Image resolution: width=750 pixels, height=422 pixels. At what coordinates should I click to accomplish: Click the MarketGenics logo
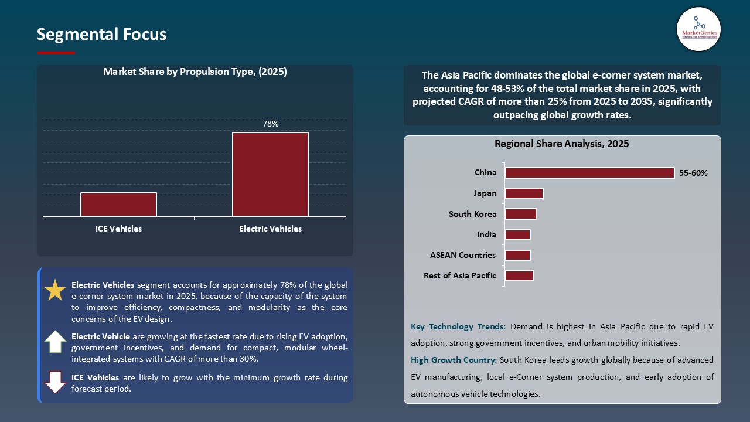click(x=698, y=29)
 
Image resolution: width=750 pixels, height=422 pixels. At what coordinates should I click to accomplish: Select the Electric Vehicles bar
click(x=270, y=174)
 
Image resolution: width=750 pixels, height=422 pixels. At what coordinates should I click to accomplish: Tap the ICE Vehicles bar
click(x=118, y=205)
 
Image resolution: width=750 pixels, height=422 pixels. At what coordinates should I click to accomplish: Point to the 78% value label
click(x=270, y=124)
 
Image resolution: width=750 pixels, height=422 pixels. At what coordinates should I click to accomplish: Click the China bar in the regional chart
click(x=589, y=173)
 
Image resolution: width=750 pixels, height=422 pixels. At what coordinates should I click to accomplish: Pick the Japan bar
click(x=524, y=193)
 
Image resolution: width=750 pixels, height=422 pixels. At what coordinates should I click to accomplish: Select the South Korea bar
click(x=520, y=214)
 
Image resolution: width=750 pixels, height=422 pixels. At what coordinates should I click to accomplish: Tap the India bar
click(x=517, y=234)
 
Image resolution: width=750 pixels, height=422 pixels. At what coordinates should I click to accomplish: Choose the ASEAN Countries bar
click(x=517, y=255)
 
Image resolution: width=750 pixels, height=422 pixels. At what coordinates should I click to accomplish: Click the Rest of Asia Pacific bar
click(x=519, y=275)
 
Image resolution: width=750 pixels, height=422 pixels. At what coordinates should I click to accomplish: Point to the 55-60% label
click(x=693, y=173)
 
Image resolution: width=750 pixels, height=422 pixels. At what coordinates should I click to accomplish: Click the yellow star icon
click(x=56, y=290)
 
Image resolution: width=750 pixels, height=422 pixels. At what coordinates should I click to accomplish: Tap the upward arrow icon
click(x=56, y=342)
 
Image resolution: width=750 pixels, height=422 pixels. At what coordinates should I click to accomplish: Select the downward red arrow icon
click(x=56, y=382)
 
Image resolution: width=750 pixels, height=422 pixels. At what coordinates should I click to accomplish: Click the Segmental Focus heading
click(x=101, y=35)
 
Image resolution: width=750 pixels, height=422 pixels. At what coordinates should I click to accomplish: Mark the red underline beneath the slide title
click(x=56, y=53)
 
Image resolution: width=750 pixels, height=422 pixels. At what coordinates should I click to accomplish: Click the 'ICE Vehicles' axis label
click(x=118, y=229)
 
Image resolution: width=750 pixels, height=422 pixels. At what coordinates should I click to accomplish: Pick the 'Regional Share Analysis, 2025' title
click(x=561, y=144)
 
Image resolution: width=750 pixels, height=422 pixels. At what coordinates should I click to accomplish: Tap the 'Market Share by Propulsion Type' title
click(x=195, y=72)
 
